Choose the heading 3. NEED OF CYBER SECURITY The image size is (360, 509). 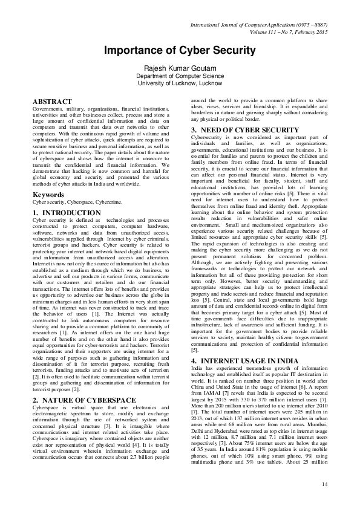(239, 130)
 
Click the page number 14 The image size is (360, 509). (324, 484)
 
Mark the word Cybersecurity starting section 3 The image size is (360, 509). (206, 138)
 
